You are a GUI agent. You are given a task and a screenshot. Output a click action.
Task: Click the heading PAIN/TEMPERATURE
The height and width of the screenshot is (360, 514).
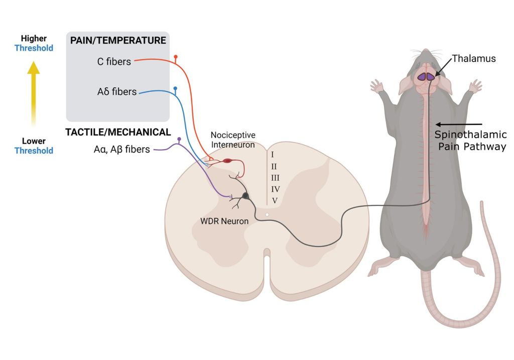(117, 40)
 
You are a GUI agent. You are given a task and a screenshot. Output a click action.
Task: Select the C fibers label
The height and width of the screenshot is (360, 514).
(114, 62)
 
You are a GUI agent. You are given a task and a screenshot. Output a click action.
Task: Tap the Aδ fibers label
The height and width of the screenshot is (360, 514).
(117, 92)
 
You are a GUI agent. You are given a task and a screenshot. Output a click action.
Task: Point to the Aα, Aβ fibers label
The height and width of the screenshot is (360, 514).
(118, 149)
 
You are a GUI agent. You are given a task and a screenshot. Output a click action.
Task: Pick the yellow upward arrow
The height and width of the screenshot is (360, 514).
(33, 93)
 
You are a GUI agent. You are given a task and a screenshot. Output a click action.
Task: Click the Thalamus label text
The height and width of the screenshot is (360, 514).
(474, 59)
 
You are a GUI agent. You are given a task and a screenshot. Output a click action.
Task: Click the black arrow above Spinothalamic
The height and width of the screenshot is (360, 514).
(459, 124)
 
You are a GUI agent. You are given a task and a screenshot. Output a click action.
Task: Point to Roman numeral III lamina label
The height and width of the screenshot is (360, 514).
(275, 177)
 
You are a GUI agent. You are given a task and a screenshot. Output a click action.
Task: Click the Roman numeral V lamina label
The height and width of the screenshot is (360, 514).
(275, 200)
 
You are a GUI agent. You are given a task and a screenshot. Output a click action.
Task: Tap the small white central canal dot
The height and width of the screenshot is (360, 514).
(268, 214)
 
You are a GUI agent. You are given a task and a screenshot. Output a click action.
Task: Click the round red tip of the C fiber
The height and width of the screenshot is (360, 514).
(175, 57)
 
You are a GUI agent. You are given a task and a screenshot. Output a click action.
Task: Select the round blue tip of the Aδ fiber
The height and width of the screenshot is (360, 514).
(175, 88)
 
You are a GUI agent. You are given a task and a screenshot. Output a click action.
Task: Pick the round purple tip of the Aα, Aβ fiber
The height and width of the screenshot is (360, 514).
(179, 139)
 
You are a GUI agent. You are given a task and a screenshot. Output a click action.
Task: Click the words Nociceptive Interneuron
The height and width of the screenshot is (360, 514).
(233, 140)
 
